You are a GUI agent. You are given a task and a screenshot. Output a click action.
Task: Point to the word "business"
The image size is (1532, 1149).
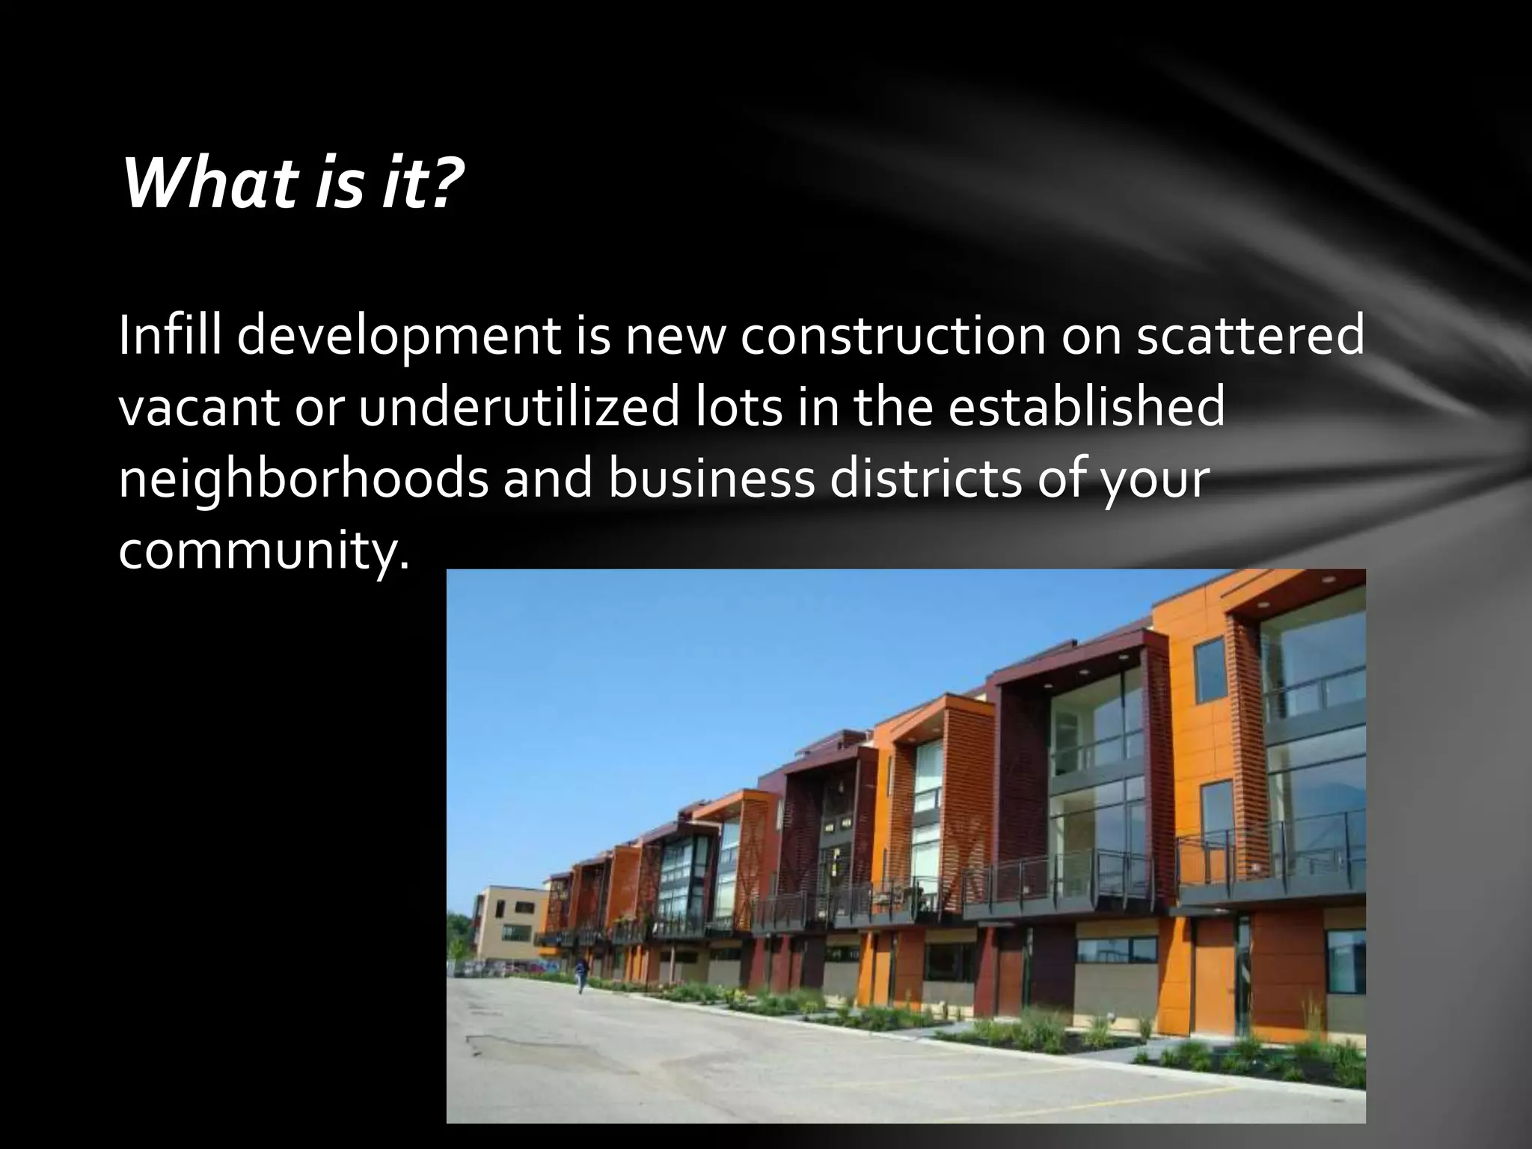coord(711,479)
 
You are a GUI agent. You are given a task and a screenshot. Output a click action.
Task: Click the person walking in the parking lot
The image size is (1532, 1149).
coord(580,974)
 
